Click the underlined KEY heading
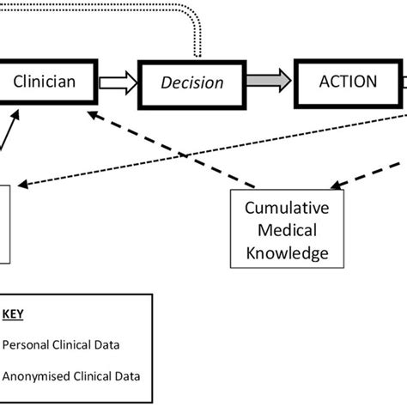[15, 314]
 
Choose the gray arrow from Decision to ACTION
[267, 83]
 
